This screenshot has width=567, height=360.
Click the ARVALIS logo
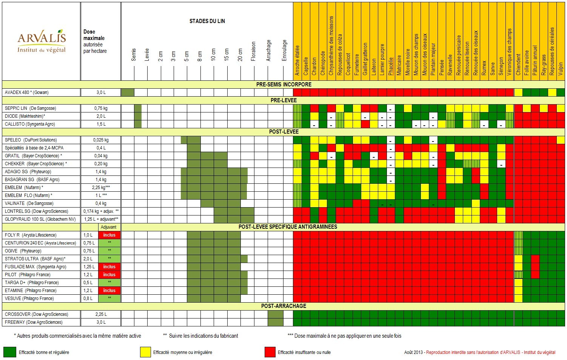(x=42, y=42)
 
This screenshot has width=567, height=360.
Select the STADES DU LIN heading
(x=207, y=21)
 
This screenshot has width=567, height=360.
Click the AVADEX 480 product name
(x=27, y=92)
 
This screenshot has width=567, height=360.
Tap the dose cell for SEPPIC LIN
(x=101, y=108)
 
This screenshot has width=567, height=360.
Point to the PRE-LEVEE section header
(x=283, y=100)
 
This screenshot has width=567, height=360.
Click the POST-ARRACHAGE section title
(x=283, y=306)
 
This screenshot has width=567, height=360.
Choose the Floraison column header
(x=253, y=51)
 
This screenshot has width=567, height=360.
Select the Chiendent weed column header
(x=518, y=64)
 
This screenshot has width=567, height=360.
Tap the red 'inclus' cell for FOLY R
(x=109, y=235)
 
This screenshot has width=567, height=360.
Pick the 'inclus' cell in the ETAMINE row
(x=109, y=291)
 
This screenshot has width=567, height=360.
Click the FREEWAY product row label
(x=34, y=322)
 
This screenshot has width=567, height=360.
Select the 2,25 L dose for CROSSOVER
(x=101, y=314)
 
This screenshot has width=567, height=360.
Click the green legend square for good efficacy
(x=9, y=352)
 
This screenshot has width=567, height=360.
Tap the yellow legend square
(x=145, y=352)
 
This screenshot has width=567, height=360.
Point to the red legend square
(x=270, y=352)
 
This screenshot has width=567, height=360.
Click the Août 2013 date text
(x=413, y=352)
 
